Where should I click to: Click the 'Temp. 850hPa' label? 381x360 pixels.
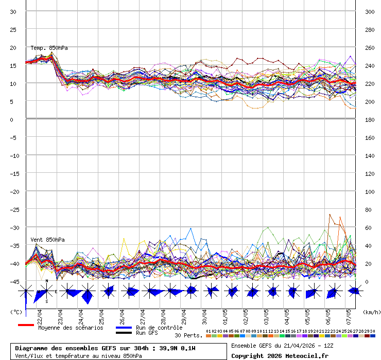coord(49,48)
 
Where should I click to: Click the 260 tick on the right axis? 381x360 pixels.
coord(369,48)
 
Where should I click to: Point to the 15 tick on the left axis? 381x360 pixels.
coord(13,66)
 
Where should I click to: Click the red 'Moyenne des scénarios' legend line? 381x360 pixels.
coord(26,325)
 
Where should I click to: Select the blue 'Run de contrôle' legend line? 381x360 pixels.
coord(124,328)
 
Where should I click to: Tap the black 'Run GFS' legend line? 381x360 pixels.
coord(124,333)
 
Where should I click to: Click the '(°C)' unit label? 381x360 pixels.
coord(16,312)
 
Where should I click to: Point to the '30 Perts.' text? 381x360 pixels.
coord(188,335)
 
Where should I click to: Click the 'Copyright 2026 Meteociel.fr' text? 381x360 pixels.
coord(279,355)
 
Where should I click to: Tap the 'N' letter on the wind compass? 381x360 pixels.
coord(47,281)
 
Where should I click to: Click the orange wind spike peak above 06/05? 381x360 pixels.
coord(330,214)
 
